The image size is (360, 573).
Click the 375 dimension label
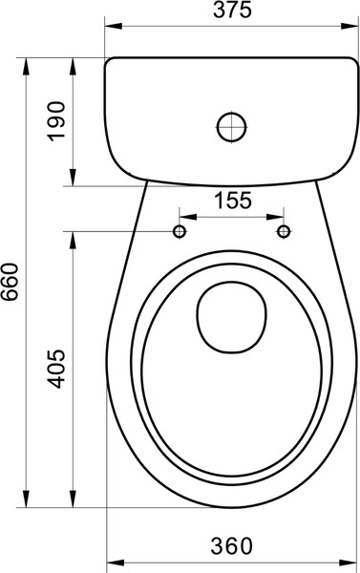click(x=232, y=11)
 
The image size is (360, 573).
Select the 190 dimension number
click(x=56, y=121)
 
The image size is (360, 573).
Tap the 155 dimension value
click(x=233, y=201)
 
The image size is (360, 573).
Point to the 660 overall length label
click(x=10, y=282)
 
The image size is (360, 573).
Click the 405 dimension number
click(x=56, y=369)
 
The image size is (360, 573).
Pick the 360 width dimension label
click(x=231, y=546)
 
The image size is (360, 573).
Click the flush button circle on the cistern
click(x=232, y=127)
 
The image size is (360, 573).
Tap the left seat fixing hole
click(x=180, y=231)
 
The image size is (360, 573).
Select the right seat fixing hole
click(x=284, y=231)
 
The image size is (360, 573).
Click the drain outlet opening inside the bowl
click(x=232, y=317)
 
